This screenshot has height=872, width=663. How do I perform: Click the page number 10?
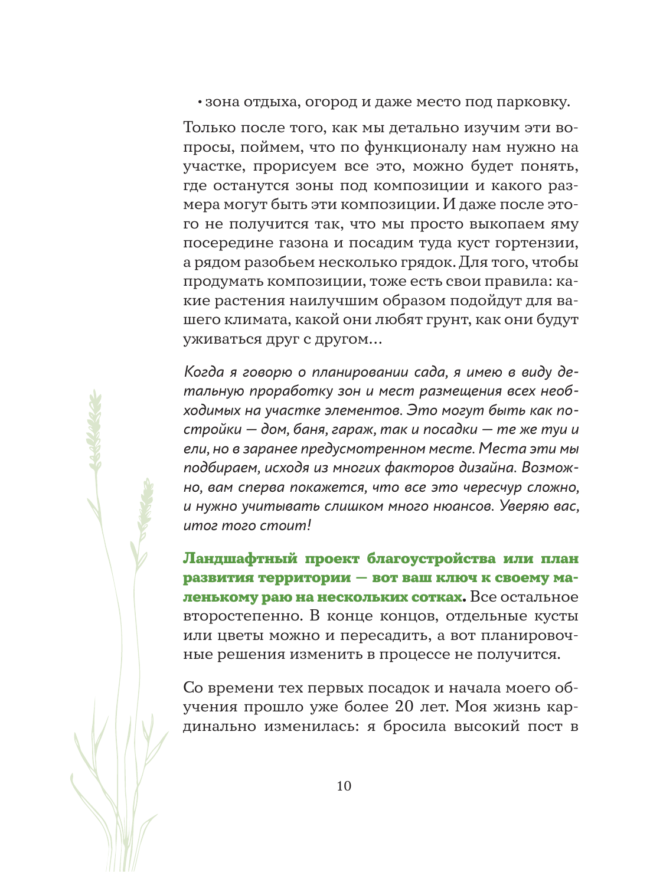[344, 786]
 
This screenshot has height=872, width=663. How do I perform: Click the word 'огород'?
[325, 102]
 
